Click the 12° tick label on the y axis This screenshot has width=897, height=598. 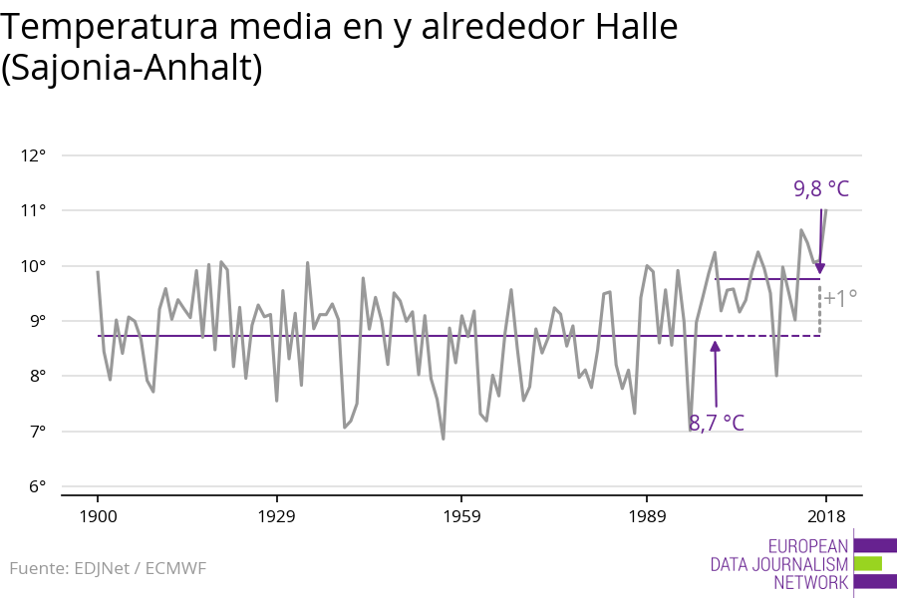pos(33,155)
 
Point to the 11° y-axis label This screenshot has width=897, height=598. pos(33,210)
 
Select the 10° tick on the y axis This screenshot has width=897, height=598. pos(33,266)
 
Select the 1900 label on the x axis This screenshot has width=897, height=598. pos(98,516)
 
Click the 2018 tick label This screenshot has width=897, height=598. pos(825,516)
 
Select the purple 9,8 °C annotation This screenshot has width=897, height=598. pos(821,188)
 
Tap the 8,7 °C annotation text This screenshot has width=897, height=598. pos(717,424)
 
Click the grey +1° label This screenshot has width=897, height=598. pos(840,298)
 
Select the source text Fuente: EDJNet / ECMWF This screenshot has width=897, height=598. pos(108,568)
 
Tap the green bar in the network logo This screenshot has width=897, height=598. pos(868,564)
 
